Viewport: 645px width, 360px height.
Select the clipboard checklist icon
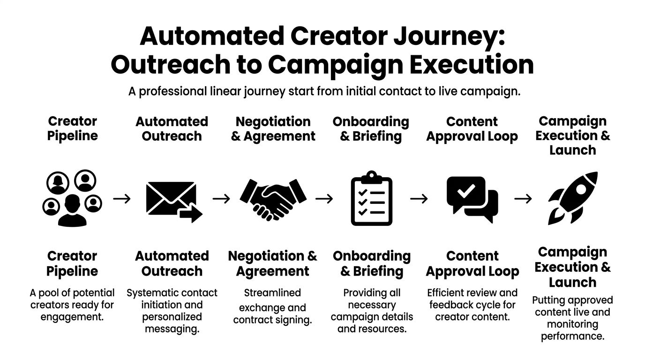pos(371,199)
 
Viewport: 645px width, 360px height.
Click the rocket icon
pos(573,198)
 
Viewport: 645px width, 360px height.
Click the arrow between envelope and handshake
pos(221,199)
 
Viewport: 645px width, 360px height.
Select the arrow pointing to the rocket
pos(523,199)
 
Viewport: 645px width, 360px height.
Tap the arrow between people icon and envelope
pos(122,199)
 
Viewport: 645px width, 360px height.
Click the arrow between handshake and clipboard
pos(324,199)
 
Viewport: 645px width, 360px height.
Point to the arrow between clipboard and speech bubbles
pos(419,199)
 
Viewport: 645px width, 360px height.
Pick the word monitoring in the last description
pos(572,324)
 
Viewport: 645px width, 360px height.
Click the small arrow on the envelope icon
pos(191,215)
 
